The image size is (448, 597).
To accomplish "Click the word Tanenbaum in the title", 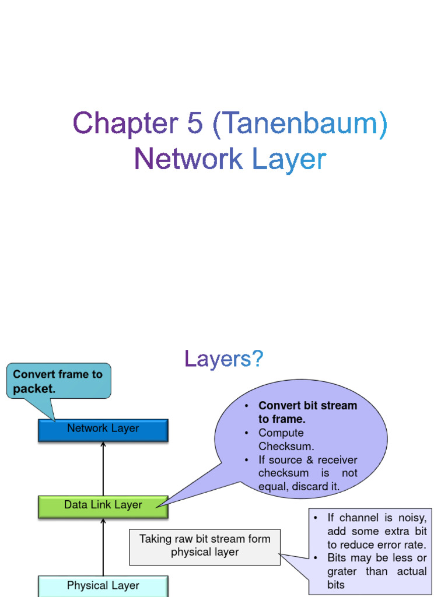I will [x=300, y=125].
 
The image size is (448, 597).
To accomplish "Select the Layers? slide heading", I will [x=224, y=359].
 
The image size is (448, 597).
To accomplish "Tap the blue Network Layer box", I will [x=103, y=430].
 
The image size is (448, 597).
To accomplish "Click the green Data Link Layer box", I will [x=103, y=506].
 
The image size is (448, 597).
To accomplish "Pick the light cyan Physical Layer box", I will [x=103, y=585].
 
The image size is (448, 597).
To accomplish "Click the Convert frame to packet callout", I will [x=58, y=381].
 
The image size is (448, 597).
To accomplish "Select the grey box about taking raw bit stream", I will [x=204, y=546].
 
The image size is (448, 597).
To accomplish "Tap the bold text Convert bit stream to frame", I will [x=307, y=412].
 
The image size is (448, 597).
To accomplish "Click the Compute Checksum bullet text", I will [x=286, y=440].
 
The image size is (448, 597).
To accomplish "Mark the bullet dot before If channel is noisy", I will [x=316, y=518].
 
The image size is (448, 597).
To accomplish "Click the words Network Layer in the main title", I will [x=229, y=159].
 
